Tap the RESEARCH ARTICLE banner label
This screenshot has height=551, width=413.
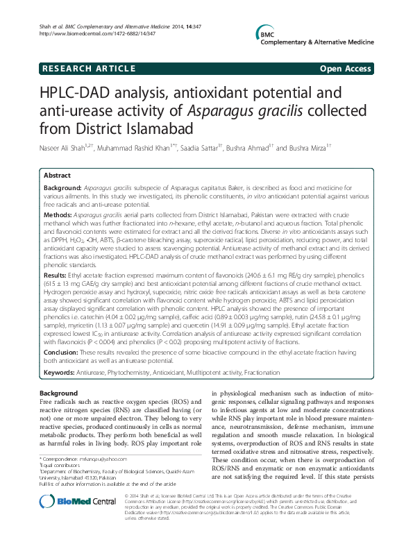[x=88, y=69]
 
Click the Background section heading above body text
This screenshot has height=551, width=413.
[x=59, y=393]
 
